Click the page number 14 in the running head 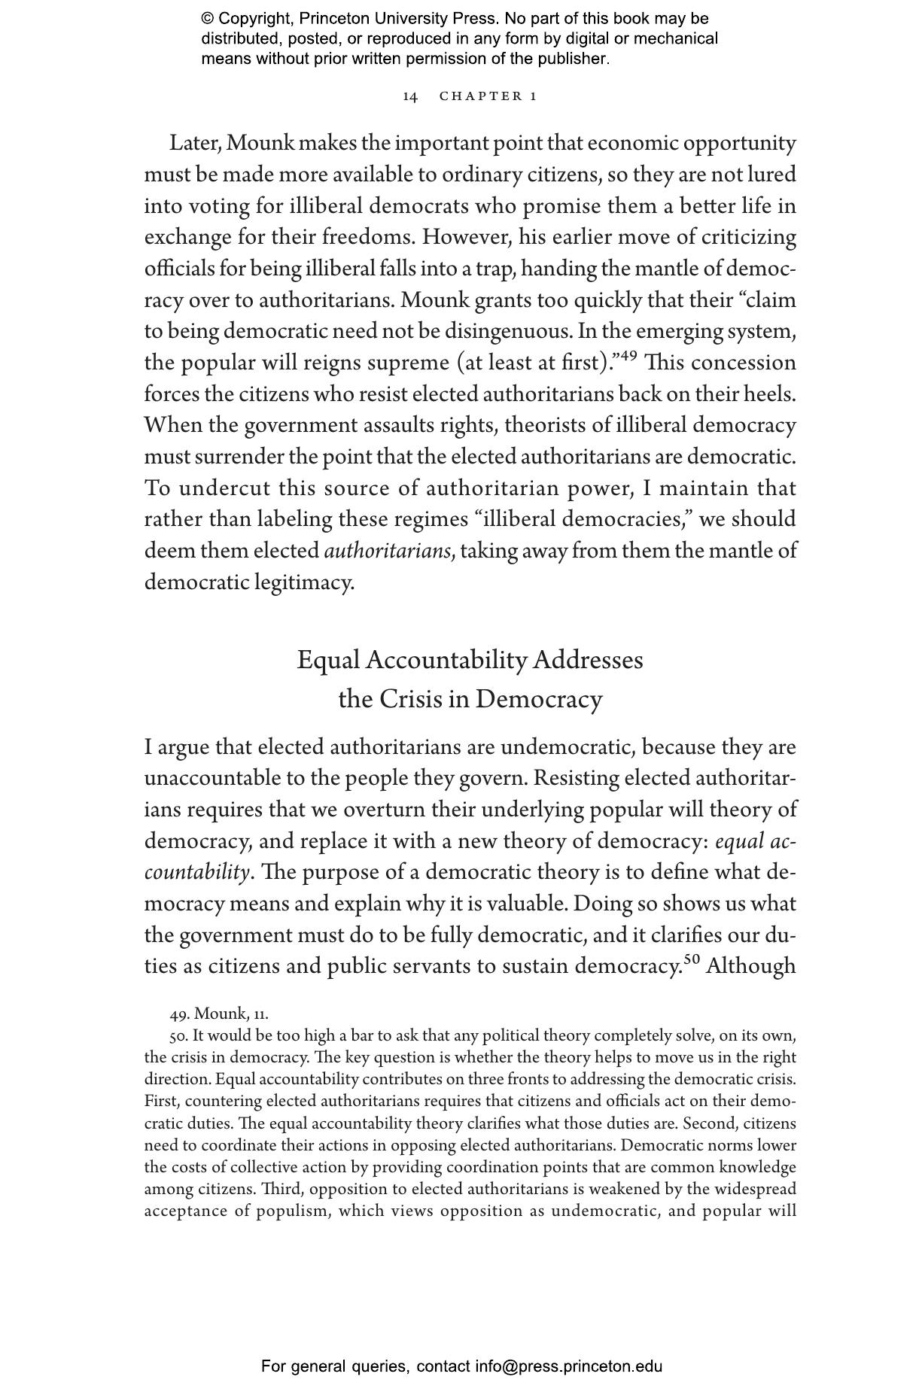point(410,96)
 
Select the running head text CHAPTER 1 point(488,96)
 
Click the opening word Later point(194,143)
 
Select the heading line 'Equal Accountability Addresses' point(470,660)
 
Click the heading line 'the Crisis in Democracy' point(470,699)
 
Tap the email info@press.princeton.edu point(568,1366)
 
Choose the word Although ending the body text point(750,966)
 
